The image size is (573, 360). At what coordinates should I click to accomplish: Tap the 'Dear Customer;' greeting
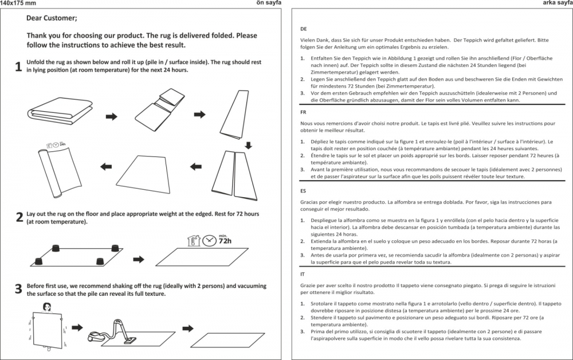tap(52, 18)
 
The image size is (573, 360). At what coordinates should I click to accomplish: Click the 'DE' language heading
tap(304, 29)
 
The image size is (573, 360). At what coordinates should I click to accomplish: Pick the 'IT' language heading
tap(303, 274)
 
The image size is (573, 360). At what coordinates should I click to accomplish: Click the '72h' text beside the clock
tap(225, 242)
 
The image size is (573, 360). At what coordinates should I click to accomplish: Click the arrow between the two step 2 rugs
tap(138, 257)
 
